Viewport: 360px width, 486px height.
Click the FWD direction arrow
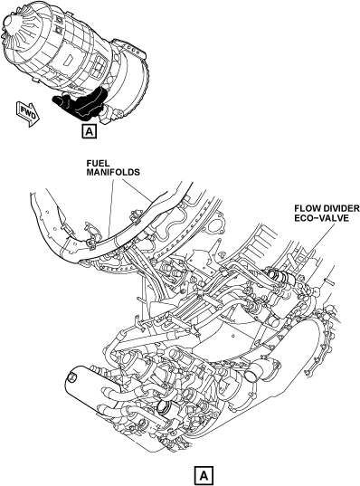[28, 114]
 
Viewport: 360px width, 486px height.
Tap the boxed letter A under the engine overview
[90, 131]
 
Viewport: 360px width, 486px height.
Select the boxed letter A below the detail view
[204, 474]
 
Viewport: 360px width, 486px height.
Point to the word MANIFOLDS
[113, 172]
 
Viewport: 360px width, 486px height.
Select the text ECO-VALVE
[322, 218]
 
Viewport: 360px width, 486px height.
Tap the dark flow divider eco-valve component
[281, 276]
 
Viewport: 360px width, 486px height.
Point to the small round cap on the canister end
[71, 376]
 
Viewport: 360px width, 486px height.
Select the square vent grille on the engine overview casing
[99, 66]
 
